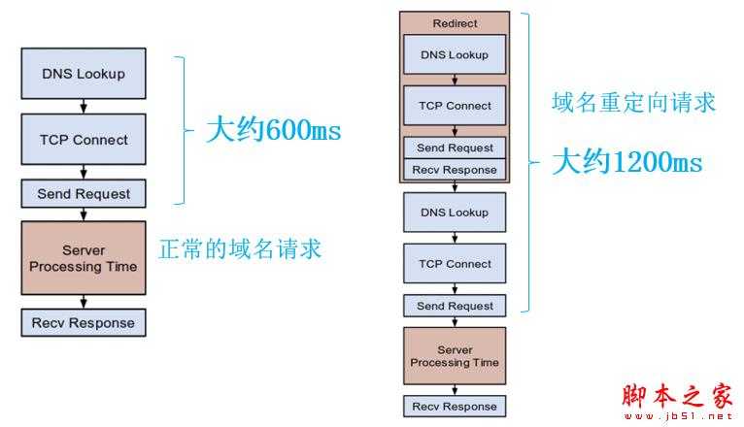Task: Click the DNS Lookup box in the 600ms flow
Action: (x=83, y=73)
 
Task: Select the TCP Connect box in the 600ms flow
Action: (x=83, y=139)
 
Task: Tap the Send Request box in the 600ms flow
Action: (x=83, y=193)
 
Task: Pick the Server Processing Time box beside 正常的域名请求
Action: (x=83, y=258)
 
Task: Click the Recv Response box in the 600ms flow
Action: (x=83, y=322)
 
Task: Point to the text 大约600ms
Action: (x=273, y=130)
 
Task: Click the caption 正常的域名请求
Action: (x=239, y=248)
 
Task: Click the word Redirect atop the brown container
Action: (x=455, y=21)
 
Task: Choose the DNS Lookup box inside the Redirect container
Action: (x=455, y=54)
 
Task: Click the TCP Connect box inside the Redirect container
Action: (x=455, y=106)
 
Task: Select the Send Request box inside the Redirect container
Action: (x=455, y=148)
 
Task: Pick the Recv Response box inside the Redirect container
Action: (x=455, y=170)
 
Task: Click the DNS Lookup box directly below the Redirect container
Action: (x=455, y=213)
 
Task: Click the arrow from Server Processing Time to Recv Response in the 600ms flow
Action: (x=84, y=302)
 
